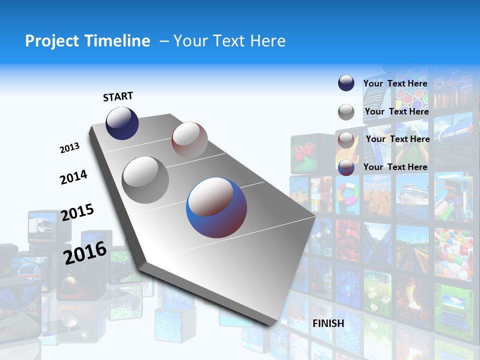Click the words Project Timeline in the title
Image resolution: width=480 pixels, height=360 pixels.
87,41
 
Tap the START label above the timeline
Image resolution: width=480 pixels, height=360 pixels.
118,96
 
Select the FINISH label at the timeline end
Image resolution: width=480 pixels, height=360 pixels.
328,323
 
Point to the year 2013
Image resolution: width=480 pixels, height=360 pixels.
69,148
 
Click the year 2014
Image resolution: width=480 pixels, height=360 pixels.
73,177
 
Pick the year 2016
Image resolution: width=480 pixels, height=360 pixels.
85,252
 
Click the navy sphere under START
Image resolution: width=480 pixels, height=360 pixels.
122,123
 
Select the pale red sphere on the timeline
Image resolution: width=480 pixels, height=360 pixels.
189,140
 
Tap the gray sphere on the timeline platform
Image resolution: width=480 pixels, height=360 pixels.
145,179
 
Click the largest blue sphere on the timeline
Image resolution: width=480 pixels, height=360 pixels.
216,207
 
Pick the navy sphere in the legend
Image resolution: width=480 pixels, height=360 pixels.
346,83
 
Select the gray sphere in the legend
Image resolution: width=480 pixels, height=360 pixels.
346,112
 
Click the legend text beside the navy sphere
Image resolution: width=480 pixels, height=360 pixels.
395,83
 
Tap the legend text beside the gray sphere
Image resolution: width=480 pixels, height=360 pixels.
396,111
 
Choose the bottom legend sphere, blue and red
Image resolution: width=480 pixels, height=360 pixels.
346,167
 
